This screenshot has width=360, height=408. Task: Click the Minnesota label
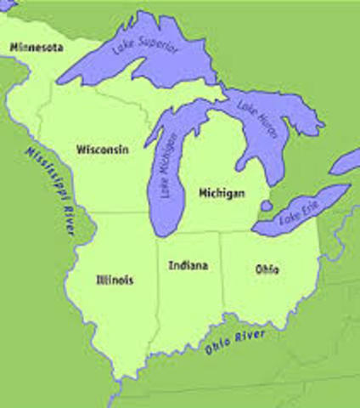[37, 48]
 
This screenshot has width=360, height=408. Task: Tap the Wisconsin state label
[103, 150]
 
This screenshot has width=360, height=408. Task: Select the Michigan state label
[222, 194]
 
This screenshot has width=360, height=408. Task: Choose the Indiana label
[188, 265]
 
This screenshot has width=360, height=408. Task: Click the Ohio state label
[267, 269]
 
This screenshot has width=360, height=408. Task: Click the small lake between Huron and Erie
[266, 207]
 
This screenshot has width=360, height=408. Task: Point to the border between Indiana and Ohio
[223, 280]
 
